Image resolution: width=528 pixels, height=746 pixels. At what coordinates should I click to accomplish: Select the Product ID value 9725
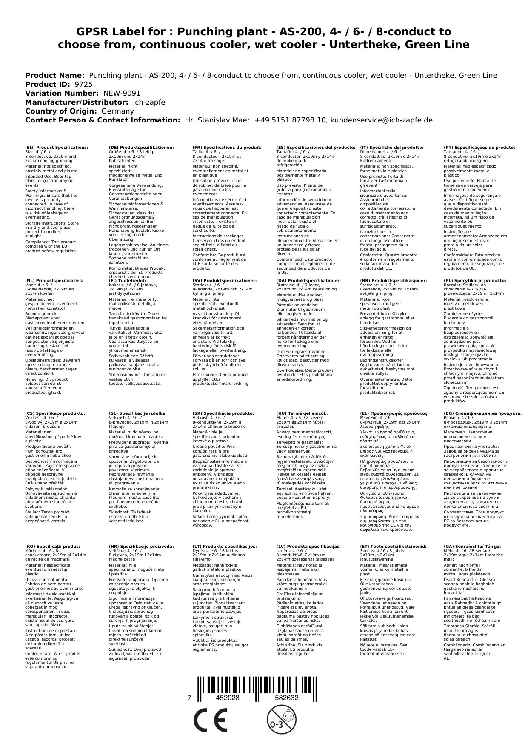pos(83,84)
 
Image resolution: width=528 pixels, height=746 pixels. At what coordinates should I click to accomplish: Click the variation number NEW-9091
pos(122,93)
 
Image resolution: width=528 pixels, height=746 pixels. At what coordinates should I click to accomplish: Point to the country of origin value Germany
pos(117,111)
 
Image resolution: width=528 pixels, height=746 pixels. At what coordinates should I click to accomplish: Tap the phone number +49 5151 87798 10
pos(291,120)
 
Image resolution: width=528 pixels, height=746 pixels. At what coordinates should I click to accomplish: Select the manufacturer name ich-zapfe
pos(148,102)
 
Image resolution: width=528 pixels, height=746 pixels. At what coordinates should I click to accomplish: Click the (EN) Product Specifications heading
pos(57,147)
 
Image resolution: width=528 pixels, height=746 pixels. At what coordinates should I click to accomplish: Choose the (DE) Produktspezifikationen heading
pos(141,147)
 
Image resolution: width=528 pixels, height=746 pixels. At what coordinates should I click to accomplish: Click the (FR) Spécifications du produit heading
pos(227,147)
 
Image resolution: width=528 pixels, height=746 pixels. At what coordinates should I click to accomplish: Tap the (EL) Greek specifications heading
pos(394,413)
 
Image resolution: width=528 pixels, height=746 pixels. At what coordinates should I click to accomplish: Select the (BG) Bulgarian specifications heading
pos(482,413)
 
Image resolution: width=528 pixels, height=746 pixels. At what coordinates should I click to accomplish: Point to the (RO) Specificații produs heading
pos(52,546)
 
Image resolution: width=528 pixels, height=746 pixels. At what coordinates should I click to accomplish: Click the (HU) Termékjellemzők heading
pos(302,413)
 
